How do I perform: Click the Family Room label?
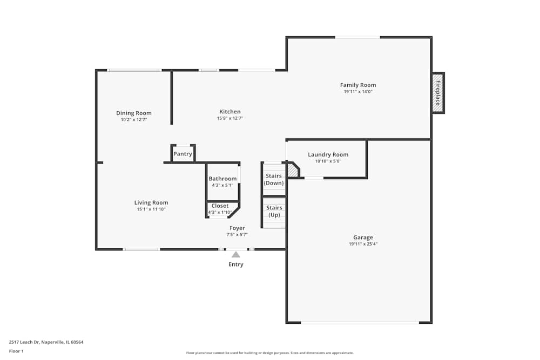tap(358, 85)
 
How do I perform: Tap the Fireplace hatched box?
tap(438, 93)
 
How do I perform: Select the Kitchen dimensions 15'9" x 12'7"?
tap(230, 118)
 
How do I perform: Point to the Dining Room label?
tap(133, 113)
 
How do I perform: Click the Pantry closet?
tap(183, 153)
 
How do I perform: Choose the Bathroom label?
tap(222, 179)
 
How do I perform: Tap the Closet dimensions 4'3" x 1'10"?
tap(220, 212)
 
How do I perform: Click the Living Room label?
tap(151, 203)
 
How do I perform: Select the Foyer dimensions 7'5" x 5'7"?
tap(237, 235)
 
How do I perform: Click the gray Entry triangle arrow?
tap(235, 255)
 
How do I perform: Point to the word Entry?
tap(236, 264)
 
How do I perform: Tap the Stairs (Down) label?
tap(274, 179)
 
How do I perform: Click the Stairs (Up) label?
tap(274, 212)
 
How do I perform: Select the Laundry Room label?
tap(328, 155)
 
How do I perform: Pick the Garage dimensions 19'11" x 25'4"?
tap(363, 244)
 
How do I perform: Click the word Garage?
tap(363, 237)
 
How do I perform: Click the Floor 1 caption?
tap(16, 351)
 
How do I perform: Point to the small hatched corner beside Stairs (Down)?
tap(293, 171)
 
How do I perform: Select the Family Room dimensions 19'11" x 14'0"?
tap(358, 92)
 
